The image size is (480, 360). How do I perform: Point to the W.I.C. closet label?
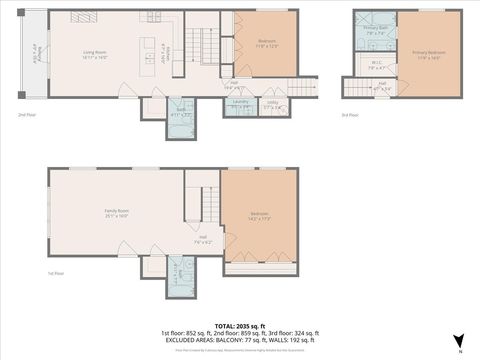click(x=376, y=67)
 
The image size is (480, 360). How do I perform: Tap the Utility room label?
click(x=272, y=104)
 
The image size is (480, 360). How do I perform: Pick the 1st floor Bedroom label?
click(x=259, y=216)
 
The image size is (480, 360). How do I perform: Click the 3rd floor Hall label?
click(x=382, y=85)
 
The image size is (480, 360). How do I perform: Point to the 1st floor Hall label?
click(x=201, y=239)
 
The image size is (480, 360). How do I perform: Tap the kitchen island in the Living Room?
click(x=149, y=50)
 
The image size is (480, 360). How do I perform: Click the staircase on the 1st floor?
click(x=211, y=204)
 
